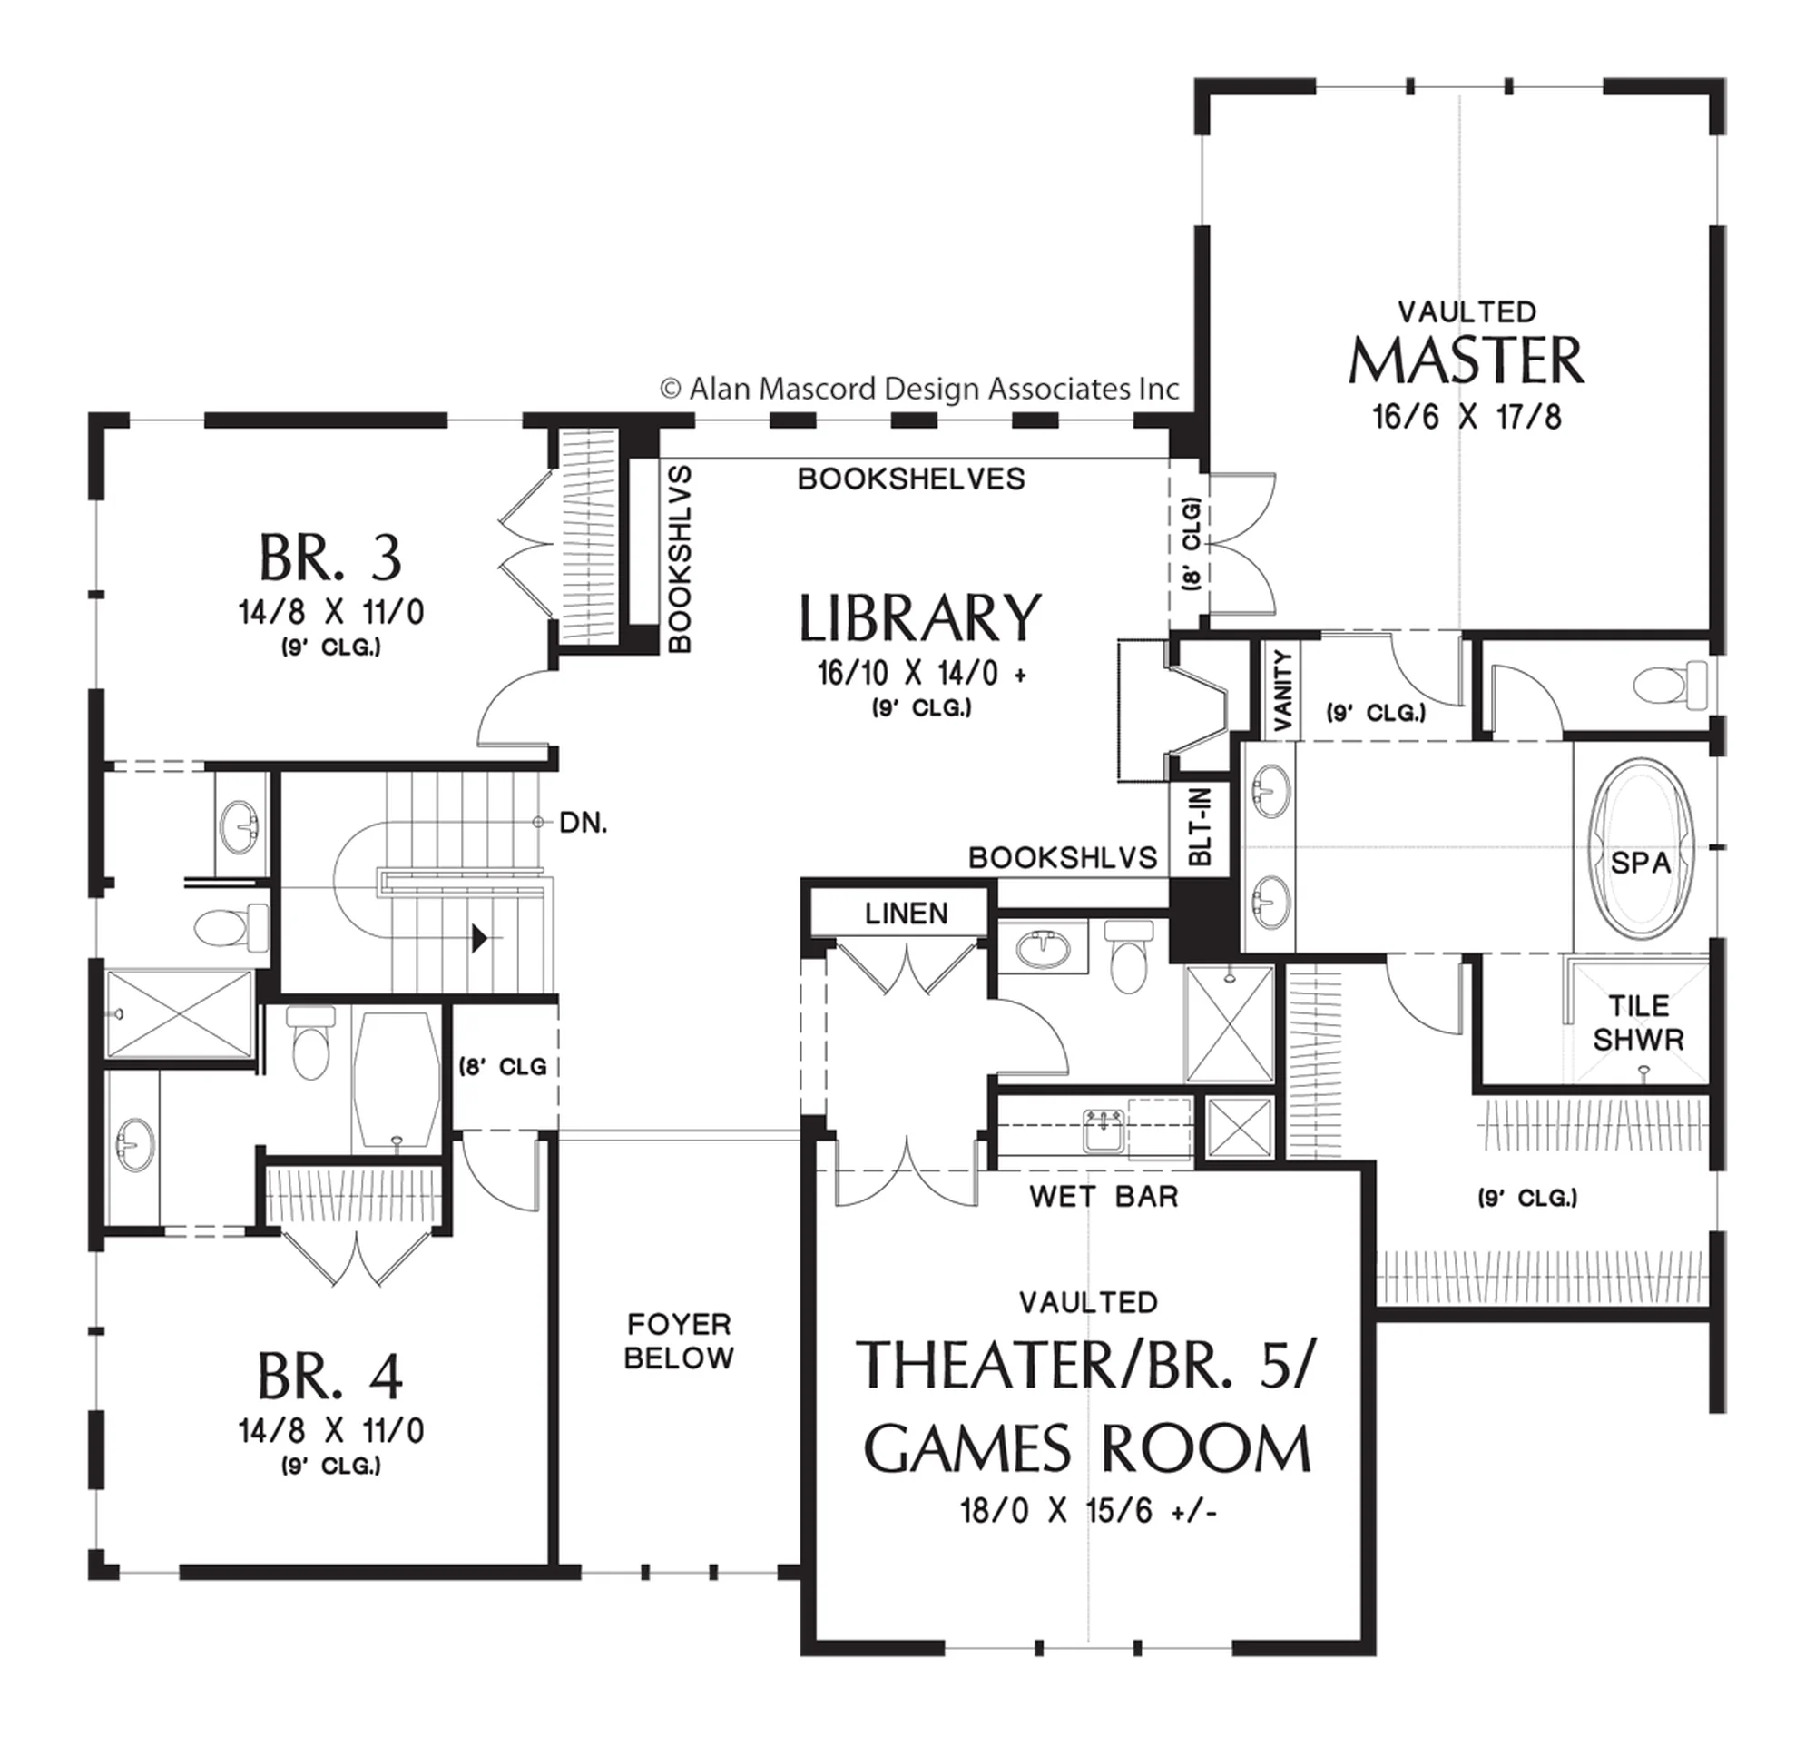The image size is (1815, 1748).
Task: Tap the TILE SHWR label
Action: (1638, 1022)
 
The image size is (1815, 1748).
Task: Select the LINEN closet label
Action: (907, 914)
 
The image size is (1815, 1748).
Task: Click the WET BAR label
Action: (1103, 1196)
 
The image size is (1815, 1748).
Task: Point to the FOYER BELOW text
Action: (679, 1340)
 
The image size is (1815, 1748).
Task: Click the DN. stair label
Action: (584, 823)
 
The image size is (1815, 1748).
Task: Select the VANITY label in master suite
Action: (1282, 690)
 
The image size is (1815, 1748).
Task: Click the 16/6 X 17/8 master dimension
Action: (1467, 417)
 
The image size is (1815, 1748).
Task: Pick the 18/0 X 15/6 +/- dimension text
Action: (1088, 1512)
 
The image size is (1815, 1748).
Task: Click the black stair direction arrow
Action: (480, 938)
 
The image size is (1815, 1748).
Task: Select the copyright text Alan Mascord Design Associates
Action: (919, 389)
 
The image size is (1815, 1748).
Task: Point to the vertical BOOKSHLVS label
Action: (679, 559)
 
